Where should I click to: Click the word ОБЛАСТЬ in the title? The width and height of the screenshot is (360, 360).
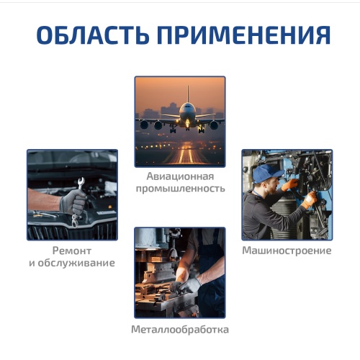93,35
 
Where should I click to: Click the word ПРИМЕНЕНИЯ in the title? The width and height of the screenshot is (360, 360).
244,35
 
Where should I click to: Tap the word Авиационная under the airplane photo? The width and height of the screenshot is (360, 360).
180,176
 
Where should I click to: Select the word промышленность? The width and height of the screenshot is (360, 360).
180,189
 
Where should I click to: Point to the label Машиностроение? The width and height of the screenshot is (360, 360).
287,251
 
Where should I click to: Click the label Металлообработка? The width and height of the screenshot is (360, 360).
180,330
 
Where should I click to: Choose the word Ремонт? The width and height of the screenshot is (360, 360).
72,251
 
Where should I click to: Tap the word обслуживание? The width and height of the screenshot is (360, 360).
76,263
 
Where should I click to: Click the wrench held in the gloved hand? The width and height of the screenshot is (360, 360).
81,184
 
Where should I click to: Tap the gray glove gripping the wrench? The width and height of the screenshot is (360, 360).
73,202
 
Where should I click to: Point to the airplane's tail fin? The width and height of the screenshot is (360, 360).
188,94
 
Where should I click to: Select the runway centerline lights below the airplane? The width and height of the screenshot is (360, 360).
186,156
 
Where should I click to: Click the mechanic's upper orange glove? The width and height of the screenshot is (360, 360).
290,184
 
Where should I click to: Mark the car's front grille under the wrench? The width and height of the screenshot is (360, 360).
72,231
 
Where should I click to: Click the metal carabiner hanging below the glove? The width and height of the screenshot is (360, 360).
75,221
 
